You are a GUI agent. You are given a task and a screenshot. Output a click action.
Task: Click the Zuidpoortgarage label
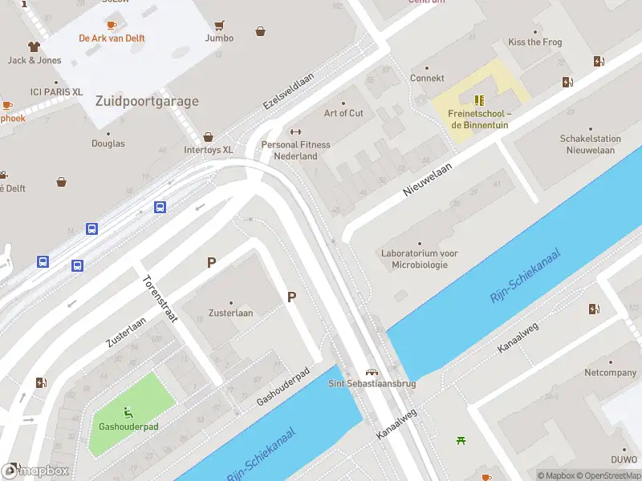[x=147, y=101]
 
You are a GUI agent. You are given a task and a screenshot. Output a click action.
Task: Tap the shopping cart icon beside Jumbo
[x=219, y=25]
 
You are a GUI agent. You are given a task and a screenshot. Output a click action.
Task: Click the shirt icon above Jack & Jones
[x=34, y=46]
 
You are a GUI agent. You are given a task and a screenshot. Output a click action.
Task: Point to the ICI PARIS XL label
[x=56, y=92]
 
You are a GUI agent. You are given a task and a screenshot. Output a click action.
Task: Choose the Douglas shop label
[x=108, y=143]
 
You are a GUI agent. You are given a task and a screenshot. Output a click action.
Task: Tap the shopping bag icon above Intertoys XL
[x=209, y=137]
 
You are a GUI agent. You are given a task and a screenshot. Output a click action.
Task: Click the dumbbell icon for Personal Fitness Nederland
[x=295, y=132]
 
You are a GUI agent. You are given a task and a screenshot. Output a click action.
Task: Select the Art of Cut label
[x=343, y=113]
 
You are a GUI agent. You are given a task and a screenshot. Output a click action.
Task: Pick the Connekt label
[x=427, y=79]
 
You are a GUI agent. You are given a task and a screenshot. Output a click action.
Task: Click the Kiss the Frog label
[x=535, y=42]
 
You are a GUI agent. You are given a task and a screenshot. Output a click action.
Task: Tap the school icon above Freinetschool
[x=479, y=100]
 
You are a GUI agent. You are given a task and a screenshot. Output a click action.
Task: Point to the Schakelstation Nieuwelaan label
[x=591, y=144]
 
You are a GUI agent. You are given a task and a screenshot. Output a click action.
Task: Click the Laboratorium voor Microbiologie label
[x=419, y=259]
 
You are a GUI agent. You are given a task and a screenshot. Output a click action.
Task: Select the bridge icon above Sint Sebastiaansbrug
[x=372, y=372]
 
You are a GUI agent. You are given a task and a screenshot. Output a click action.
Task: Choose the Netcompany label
[x=610, y=373]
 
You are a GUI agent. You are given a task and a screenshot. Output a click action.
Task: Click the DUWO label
[x=623, y=461]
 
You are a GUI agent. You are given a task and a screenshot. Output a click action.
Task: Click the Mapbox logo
[x=36, y=471]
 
